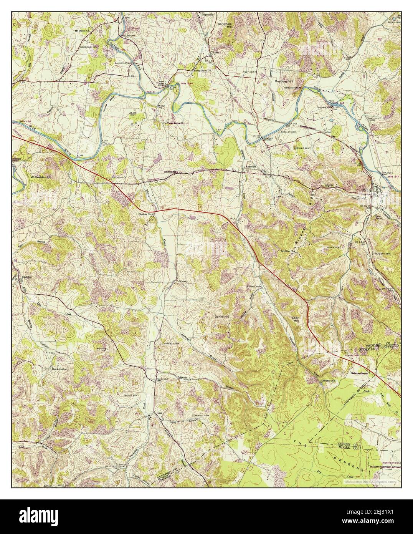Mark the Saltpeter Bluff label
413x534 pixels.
[x=292, y=88]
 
